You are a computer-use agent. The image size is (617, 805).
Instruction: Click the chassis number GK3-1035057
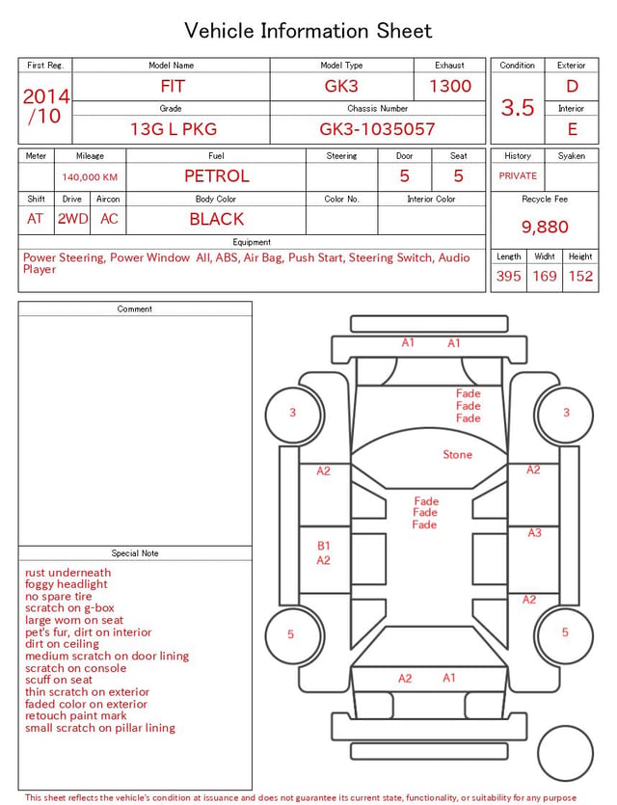(377, 129)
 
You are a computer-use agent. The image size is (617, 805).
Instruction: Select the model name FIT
(173, 86)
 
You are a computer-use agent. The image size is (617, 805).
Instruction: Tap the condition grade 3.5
(518, 107)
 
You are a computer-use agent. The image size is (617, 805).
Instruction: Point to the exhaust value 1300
(450, 86)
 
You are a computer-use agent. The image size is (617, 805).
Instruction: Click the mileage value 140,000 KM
(90, 177)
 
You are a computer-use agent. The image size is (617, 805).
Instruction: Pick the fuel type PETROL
(217, 176)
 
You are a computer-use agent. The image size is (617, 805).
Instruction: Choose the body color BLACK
(217, 219)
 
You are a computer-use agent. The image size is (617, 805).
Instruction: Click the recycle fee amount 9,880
(545, 227)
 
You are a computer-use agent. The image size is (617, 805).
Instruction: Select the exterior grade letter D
(572, 86)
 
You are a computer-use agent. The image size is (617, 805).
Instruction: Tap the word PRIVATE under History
(518, 176)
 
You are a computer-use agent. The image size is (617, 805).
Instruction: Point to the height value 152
(580, 276)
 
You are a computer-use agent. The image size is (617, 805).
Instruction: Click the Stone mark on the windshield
(457, 454)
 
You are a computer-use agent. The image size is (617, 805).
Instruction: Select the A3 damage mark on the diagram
(534, 533)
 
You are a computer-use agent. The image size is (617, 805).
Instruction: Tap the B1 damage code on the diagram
(323, 546)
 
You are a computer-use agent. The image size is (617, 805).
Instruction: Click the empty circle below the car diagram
(565, 753)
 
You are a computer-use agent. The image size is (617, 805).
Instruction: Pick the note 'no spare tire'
(59, 597)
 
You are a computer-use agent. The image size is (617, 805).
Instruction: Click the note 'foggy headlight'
(67, 584)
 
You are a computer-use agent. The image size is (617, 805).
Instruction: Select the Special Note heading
(135, 553)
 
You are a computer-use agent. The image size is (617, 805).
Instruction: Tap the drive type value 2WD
(72, 219)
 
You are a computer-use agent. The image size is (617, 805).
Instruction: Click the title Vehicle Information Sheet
(308, 31)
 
